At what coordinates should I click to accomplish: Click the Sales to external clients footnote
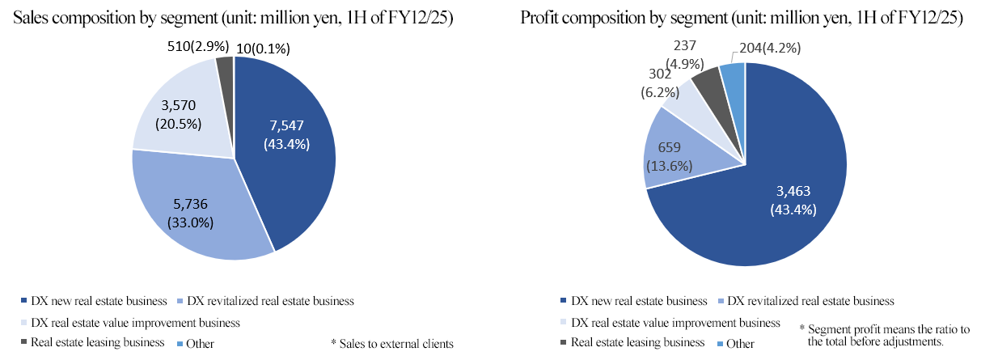tap(392, 343)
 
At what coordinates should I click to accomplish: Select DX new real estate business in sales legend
tap(96, 302)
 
